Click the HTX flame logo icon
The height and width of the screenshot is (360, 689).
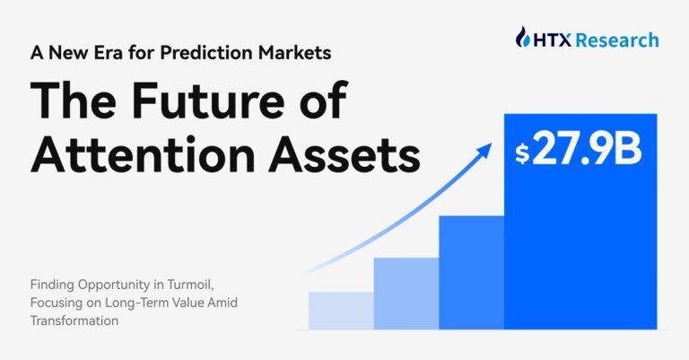tap(524, 39)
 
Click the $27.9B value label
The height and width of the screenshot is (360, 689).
tap(579, 151)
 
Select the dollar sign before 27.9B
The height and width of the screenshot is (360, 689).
tap(521, 154)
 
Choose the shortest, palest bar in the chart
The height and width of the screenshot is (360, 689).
tap(341, 310)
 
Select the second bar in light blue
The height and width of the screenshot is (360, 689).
tap(406, 293)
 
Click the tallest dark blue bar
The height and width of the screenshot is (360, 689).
tap(579, 251)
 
